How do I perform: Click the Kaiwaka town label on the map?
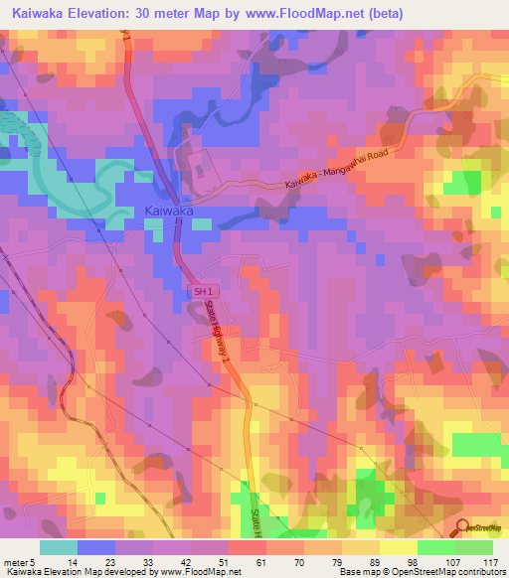click(x=168, y=211)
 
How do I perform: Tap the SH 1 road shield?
click(x=202, y=290)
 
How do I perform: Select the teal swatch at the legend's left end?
click(x=59, y=547)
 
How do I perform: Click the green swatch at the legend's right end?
click(x=473, y=547)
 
